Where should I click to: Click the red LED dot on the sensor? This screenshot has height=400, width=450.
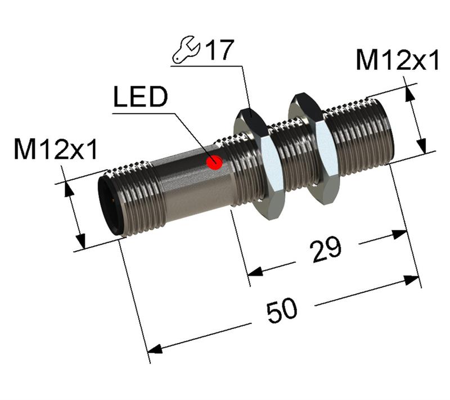pyautogui.click(x=214, y=163)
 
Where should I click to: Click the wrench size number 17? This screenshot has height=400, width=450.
pyautogui.click(x=218, y=51)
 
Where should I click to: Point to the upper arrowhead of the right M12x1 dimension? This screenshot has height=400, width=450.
pyautogui.click(x=409, y=94)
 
